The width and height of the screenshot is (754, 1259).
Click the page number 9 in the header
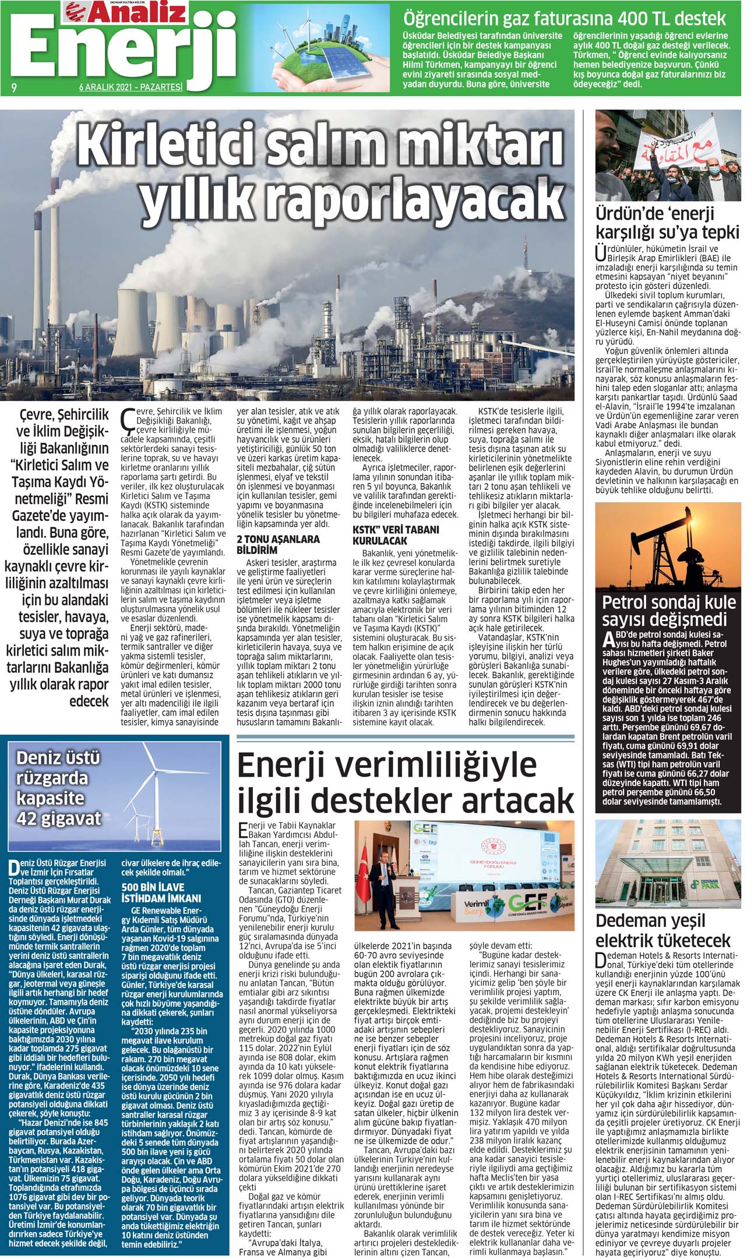point(12,88)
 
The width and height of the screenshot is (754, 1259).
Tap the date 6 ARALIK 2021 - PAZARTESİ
point(131,88)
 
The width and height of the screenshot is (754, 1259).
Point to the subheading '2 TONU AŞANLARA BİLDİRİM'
point(278,544)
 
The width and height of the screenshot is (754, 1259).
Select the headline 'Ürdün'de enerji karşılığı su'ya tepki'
point(667,223)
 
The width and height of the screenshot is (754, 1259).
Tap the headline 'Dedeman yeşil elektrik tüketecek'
point(663,930)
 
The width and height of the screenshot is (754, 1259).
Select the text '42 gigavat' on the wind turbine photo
point(58,819)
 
